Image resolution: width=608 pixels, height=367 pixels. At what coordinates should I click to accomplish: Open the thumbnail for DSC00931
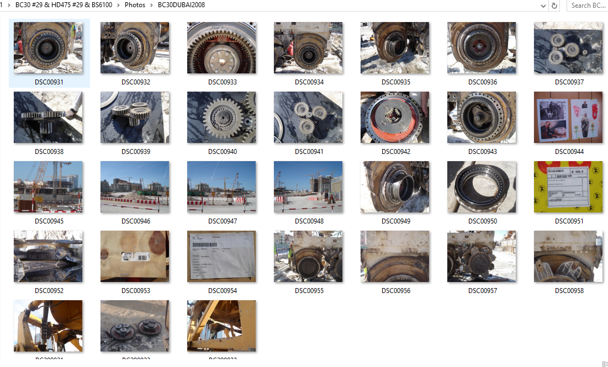point(48,48)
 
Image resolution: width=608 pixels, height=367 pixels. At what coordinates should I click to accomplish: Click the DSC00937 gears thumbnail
point(568,48)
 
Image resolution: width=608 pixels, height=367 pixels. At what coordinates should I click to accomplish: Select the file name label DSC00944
point(568,152)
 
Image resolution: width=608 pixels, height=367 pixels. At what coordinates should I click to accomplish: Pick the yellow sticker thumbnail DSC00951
point(568,187)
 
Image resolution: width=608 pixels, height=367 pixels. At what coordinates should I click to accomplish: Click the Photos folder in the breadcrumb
point(135,5)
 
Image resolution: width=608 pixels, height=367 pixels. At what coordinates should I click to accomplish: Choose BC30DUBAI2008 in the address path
point(181,5)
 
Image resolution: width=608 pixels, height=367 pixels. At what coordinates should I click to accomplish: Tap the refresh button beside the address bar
point(554,6)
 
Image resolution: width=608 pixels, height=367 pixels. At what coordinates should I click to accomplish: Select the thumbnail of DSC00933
point(221,48)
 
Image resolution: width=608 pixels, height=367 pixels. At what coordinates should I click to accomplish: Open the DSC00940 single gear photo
point(221,118)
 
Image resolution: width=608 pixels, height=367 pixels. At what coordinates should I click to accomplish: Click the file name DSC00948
point(308,221)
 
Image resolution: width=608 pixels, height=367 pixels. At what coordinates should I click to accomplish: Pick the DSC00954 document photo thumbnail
point(221,257)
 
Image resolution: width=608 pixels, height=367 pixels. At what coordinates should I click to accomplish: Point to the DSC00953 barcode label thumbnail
point(135,257)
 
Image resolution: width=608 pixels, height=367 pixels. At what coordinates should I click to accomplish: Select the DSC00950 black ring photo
point(482,187)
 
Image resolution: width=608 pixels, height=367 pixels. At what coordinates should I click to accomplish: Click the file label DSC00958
point(568,291)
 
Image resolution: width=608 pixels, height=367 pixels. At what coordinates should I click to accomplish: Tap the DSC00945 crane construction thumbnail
point(48,187)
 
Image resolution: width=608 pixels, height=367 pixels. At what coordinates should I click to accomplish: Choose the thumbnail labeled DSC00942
point(395,118)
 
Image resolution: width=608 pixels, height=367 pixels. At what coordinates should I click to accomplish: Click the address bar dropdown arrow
point(543,6)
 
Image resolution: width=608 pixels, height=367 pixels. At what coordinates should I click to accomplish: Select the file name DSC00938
point(48,152)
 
